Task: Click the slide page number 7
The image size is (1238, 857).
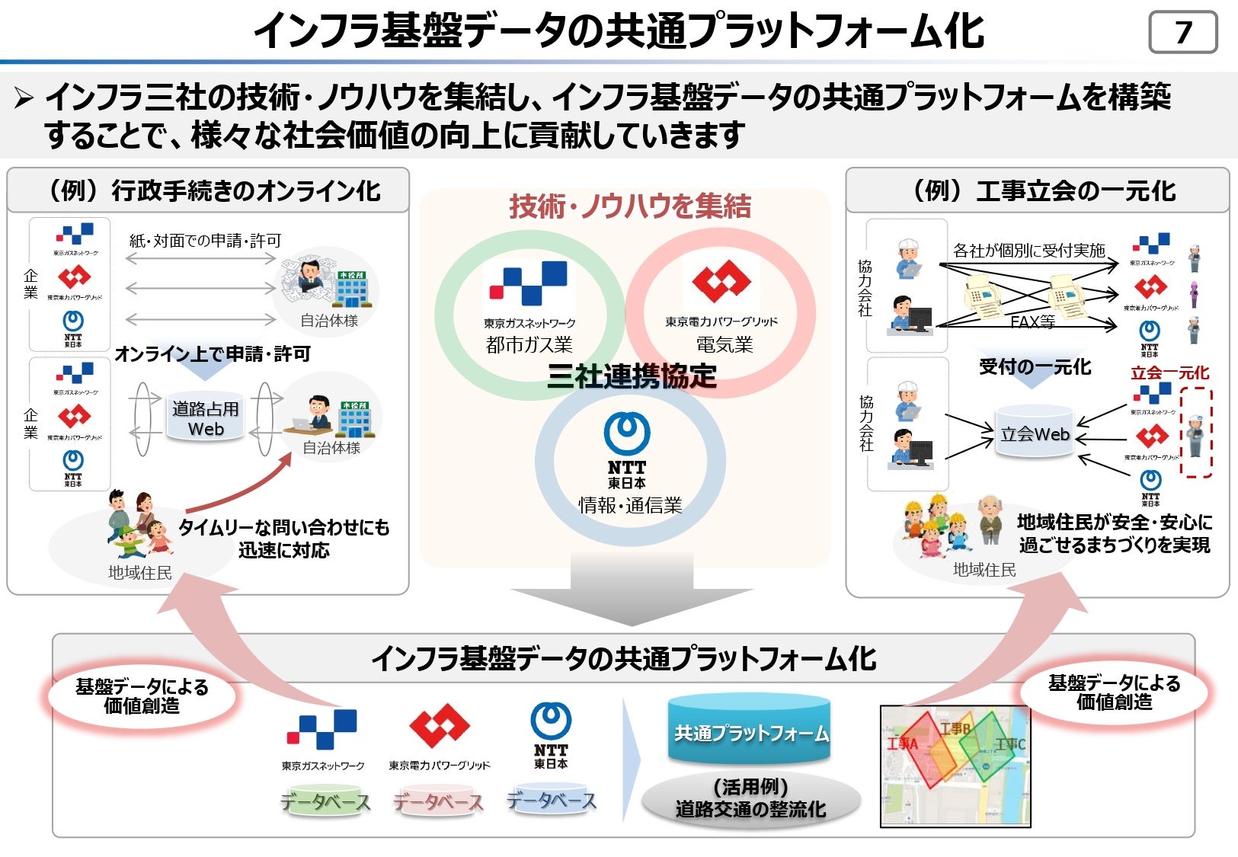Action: point(1182,32)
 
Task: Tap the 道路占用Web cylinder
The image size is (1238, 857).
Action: point(206,419)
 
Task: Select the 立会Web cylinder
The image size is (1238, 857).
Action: point(1035,434)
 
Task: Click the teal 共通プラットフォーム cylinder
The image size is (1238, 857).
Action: point(750,731)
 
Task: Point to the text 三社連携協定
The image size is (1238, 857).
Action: point(632,376)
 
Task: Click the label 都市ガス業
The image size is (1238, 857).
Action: point(529,345)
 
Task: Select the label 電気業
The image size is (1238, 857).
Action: point(724,345)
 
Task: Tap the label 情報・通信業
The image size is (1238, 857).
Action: point(630,505)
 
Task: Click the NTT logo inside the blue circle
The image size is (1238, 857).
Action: point(626,449)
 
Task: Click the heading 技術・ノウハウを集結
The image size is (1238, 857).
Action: point(630,206)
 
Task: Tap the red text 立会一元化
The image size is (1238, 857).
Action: point(1169,373)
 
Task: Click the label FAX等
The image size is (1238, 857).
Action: point(1032,322)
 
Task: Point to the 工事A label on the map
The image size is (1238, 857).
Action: point(903,743)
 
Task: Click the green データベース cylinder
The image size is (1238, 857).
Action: point(325,801)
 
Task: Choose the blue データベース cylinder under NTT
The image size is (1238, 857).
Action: point(551,800)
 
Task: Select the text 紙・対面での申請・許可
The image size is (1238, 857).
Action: point(205,241)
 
